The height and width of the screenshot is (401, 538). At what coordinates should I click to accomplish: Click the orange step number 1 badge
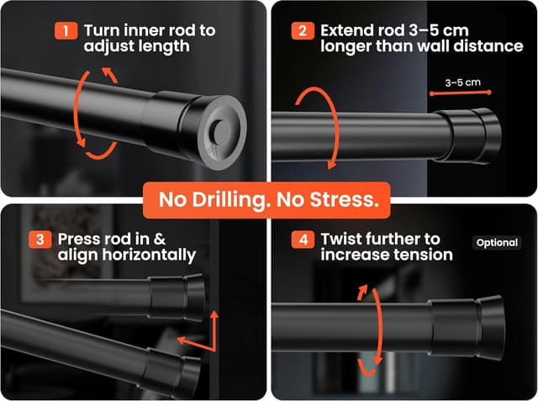tap(66, 31)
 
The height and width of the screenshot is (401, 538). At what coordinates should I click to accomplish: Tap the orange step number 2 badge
tap(303, 31)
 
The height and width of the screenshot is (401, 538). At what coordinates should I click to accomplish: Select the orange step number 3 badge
tap(40, 240)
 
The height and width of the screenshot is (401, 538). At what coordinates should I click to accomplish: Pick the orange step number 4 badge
tap(303, 240)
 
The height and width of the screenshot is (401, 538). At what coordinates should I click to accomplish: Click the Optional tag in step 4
tap(497, 243)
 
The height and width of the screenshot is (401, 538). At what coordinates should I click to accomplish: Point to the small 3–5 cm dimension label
tap(463, 82)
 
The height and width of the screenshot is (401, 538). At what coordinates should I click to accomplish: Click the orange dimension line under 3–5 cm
tap(460, 92)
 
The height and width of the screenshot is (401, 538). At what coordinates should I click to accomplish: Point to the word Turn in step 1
tap(102, 30)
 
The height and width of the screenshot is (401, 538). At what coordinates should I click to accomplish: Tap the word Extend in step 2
tap(347, 30)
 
